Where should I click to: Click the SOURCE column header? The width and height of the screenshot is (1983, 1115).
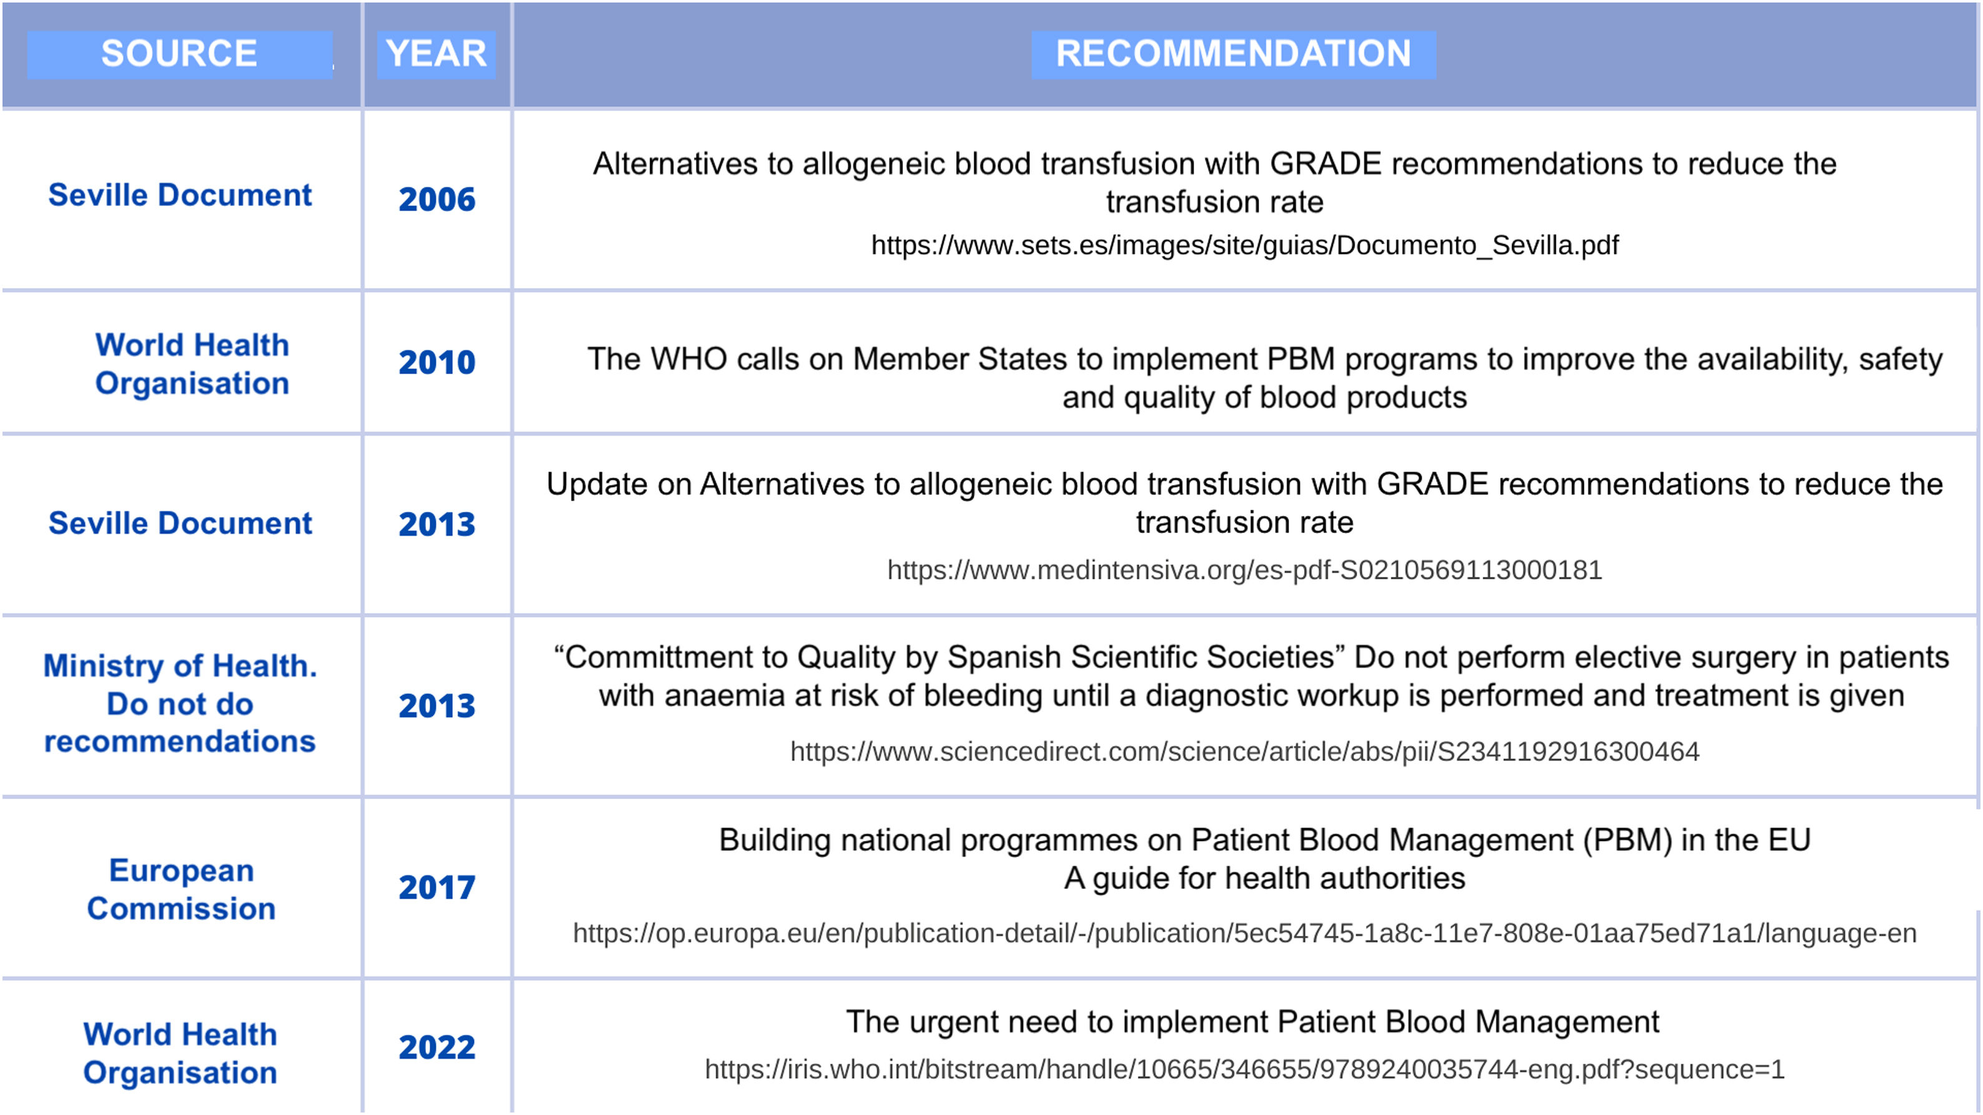tap(179, 54)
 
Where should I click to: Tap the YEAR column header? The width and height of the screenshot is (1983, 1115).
tap(437, 54)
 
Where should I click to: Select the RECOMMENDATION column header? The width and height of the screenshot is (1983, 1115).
tap(1234, 54)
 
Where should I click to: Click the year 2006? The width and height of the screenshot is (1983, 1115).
tap(437, 199)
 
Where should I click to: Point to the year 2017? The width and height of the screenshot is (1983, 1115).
tap(437, 888)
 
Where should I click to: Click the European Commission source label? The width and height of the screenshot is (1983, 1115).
tap(181, 889)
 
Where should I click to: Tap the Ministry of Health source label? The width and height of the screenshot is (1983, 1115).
tap(180, 704)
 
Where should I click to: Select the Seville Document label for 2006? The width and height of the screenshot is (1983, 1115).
tap(180, 195)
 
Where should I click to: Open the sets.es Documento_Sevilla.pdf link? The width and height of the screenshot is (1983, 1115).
tap(1245, 245)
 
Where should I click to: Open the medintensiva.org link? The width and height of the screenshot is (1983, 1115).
tap(1245, 570)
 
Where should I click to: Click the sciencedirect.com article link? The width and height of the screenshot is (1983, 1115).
tap(1245, 752)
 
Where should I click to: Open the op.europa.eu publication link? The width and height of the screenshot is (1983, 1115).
tap(1245, 933)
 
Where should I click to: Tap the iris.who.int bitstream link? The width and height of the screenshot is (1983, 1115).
tap(1245, 1069)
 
